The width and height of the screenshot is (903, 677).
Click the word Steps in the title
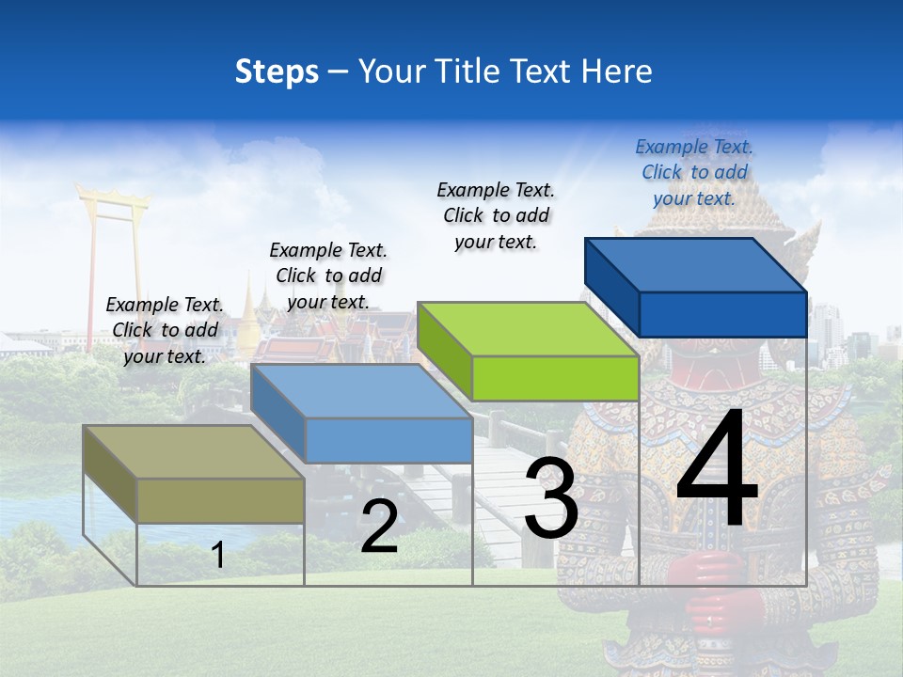point(277,71)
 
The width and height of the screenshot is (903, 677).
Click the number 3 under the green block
point(551,498)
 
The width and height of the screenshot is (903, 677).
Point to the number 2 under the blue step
point(379,527)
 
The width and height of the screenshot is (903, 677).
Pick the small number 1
point(218,555)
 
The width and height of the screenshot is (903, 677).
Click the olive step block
point(193,474)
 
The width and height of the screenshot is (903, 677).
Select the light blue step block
point(361,414)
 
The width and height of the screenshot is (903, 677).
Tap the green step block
point(529,352)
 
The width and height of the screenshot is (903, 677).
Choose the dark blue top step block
point(696,287)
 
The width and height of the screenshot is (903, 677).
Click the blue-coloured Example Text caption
point(694,172)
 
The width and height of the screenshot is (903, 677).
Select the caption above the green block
point(496,215)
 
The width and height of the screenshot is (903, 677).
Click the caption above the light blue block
point(328,276)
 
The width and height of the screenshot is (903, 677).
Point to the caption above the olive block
point(165,330)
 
